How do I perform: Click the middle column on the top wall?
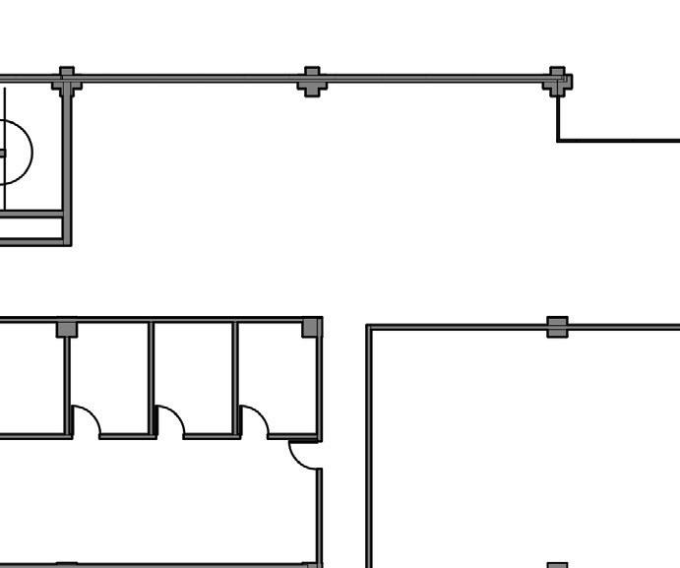click(x=312, y=81)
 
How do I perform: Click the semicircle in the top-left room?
click(x=18, y=153)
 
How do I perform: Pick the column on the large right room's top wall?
click(x=557, y=327)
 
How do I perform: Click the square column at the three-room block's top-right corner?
click(x=312, y=327)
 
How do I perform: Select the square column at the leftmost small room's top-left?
click(x=66, y=328)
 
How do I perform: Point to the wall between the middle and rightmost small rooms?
click(x=236, y=379)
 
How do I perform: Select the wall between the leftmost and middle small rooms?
click(x=153, y=379)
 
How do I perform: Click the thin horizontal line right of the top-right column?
click(x=620, y=141)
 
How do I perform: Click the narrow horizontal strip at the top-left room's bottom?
click(x=31, y=226)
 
